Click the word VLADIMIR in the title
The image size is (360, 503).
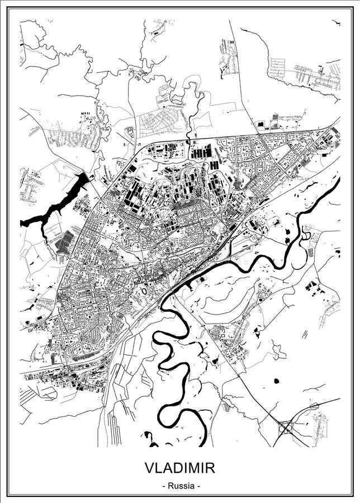(179, 467)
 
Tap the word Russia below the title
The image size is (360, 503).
(180, 486)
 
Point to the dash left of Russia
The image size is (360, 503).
(163, 486)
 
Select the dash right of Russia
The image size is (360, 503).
(197, 486)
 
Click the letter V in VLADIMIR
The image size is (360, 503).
(149, 467)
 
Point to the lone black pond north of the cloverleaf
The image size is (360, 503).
(276, 381)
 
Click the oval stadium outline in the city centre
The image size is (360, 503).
(145, 291)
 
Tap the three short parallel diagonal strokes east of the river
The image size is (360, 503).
(305, 334)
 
